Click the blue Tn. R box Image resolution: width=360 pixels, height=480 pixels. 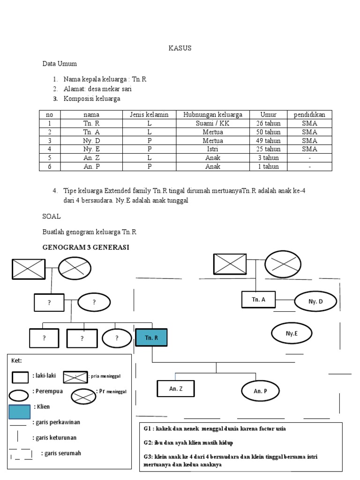click(150, 338)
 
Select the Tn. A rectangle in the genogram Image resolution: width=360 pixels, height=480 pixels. click(258, 300)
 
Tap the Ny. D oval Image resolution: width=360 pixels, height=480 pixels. click(315, 301)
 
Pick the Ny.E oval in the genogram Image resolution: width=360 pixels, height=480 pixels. click(292, 334)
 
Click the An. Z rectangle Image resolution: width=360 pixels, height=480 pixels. click(175, 389)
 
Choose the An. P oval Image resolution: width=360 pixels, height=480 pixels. click(260, 391)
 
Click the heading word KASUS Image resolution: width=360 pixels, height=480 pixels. click(180, 48)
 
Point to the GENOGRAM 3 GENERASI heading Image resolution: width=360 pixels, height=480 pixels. click(86, 247)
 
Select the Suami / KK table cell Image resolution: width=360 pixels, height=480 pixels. click(212, 123)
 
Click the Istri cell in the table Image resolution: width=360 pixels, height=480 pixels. click(212, 149)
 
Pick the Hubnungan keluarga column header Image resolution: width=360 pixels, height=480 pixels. click(212, 115)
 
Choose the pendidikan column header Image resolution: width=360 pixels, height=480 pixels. click(310, 115)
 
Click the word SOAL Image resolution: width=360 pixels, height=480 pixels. click(51, 217)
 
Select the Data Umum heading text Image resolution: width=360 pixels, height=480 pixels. click(60, 63)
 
